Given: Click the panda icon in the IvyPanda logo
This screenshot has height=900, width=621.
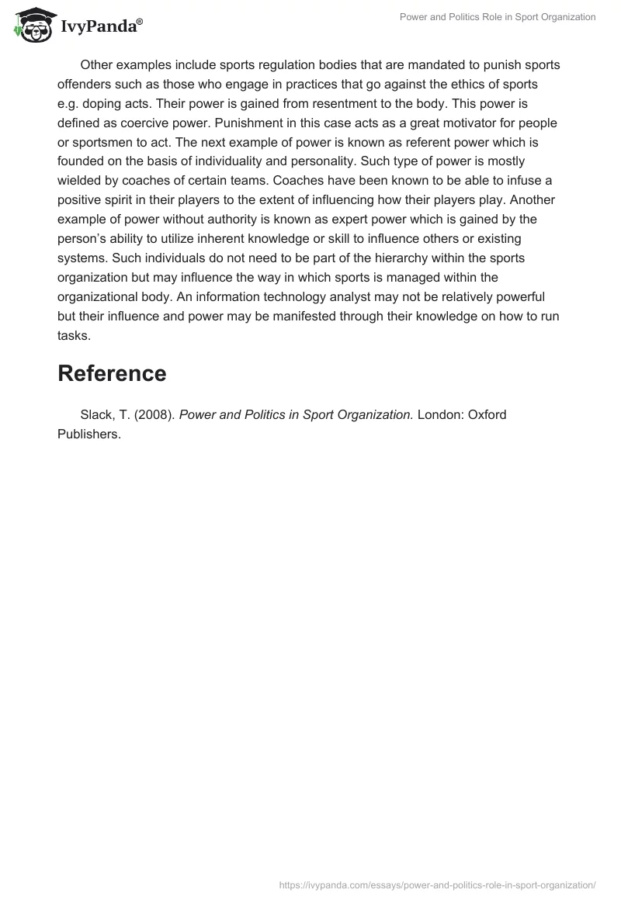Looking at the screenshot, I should click(33, 26).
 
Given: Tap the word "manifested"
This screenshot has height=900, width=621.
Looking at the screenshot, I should click(293, 317).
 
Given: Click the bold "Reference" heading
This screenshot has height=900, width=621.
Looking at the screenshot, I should click(112, 373).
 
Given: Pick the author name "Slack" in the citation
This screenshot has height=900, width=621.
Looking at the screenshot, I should click(96, 414).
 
